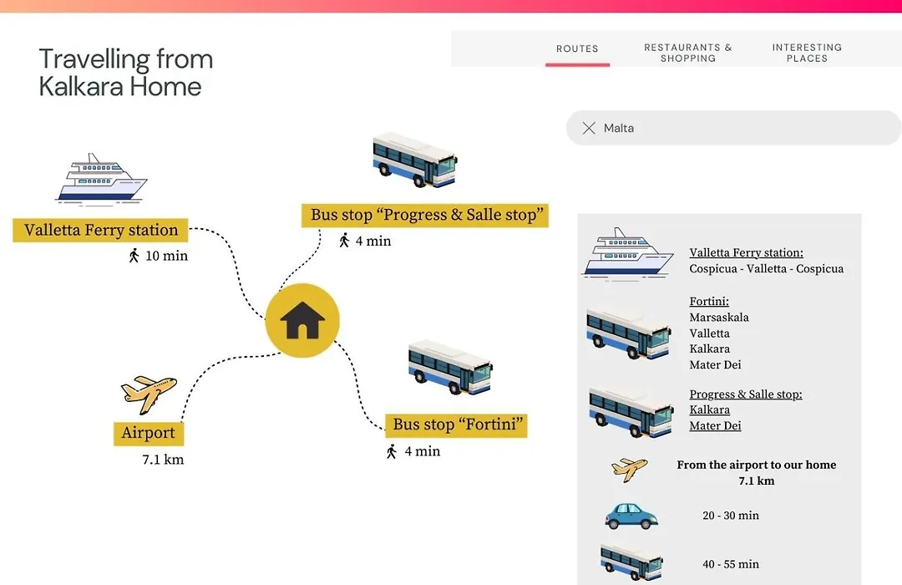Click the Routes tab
[x=577, y=49]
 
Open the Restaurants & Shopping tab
[x=688, y=53]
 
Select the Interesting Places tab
[x=807, y=53]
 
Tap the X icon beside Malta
[x=589, y=128]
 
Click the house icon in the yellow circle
[x=302, y=320]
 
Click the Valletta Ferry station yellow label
[x=101, y=230]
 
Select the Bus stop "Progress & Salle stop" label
[x=425, y=215]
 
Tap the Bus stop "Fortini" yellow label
[x=456, y=425]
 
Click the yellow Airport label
[x=149, y=433]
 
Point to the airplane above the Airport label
[x=149, y=394]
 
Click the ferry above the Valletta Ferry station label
[x=101, y=179]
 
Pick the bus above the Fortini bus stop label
[x=450, y=367]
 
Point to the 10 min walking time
[x=159, y=256]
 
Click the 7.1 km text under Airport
[x=164, y=460]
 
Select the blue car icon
[x=631, y=516]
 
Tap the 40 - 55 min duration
[x=731, y=564]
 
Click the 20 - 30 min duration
[x=731, y=516]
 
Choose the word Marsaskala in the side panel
[x=719, y=318]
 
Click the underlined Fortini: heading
[x=709, y=301]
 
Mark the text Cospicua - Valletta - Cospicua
[x=766, y=269]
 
